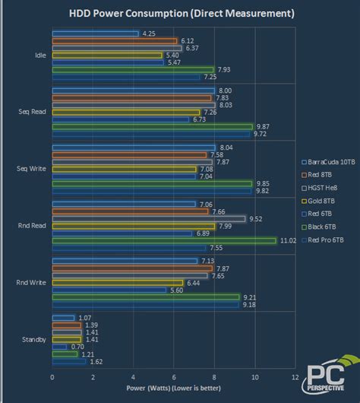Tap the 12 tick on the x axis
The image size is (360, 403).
tap(295, 376)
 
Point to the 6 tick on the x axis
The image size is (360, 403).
tap(173, 376)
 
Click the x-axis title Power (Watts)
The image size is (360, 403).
tap(174, 387)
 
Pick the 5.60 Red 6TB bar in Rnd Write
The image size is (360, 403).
tap(109, 290)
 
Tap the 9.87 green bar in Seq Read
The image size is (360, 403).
tap(152, 127)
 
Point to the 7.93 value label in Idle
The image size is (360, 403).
tap(226, 70)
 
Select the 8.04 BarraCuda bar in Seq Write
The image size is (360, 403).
tap(134, 148)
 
